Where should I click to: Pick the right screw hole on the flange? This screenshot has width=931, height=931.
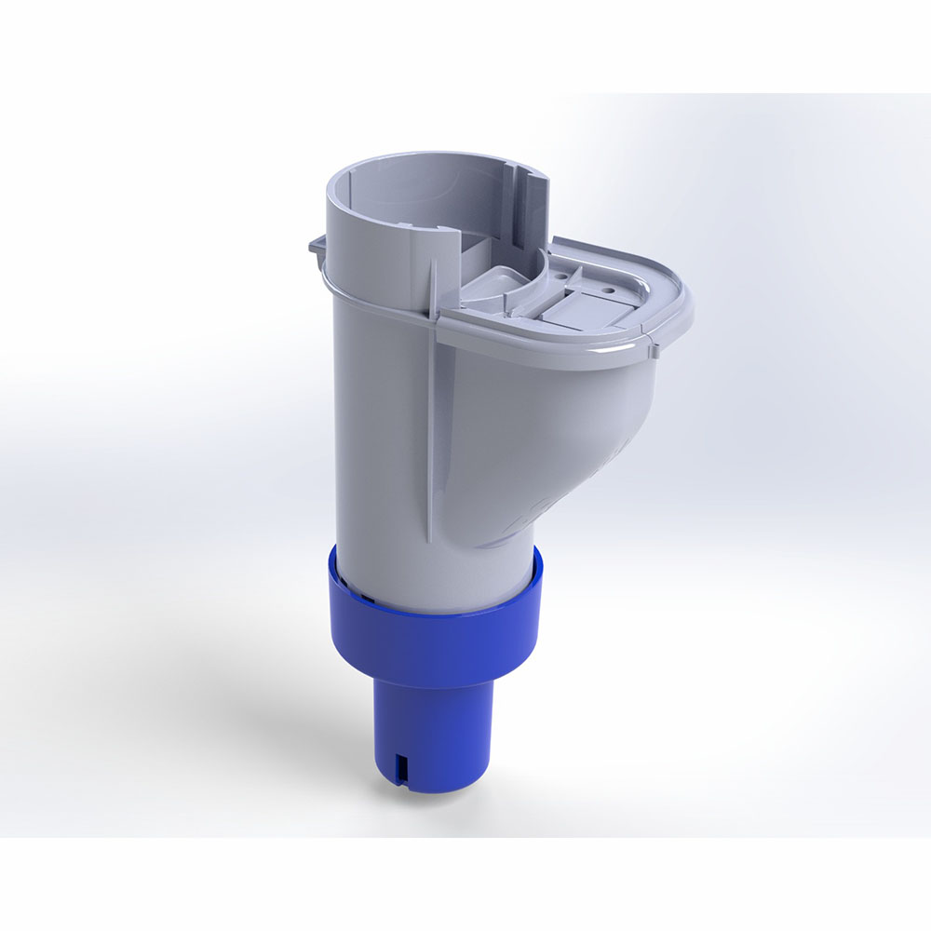[x=611, y=290]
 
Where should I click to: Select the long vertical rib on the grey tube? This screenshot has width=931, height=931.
[x=430, y=419]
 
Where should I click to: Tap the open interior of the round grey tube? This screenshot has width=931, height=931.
[x=419, y=200]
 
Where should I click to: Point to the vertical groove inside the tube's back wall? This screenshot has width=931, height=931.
[x=521, y=200]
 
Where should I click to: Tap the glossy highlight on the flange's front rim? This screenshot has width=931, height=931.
[x=559, y=352]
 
